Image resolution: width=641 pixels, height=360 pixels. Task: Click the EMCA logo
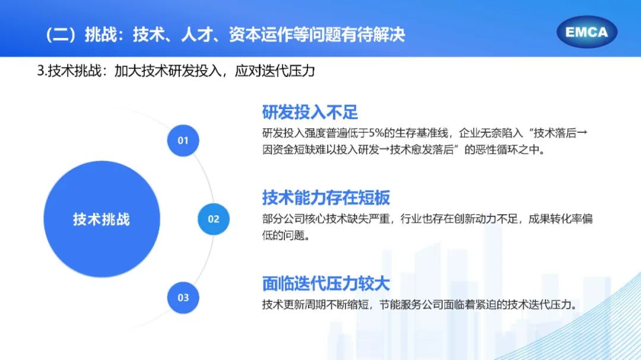pyautogui.click(x=586, y=32)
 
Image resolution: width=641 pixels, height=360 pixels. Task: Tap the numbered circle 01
pyautogui.click(x=183, y=141)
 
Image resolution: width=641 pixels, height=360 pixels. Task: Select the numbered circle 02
pyautogui.click(x=214, y=219)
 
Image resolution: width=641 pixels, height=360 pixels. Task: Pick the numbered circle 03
pyautogui.click(x=183, y=298)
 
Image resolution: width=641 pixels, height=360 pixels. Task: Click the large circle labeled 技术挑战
pyautogui.click(x=102, y=219)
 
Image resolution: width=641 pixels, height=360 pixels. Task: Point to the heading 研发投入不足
pyautogui.click(x=310, y=112)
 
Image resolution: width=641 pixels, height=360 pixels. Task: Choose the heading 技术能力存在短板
pyautogui.click(x=326, y=197)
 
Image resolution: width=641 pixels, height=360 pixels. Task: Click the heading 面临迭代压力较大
pyautogui.click(x=326, y=283)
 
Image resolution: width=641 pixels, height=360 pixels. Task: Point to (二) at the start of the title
pyautogui.click(x=61, y=35)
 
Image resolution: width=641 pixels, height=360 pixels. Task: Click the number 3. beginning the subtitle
pyautogui.click(x=42, y=71)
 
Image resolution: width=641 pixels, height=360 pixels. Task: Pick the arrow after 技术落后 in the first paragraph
pyautogui.click(x=582, y=133)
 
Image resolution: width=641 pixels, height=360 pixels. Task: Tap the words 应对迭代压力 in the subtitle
pyautogui.click(x=275, y=71)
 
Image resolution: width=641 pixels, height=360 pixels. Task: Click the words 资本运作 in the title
pyautogui.click(x=261, y=35)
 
